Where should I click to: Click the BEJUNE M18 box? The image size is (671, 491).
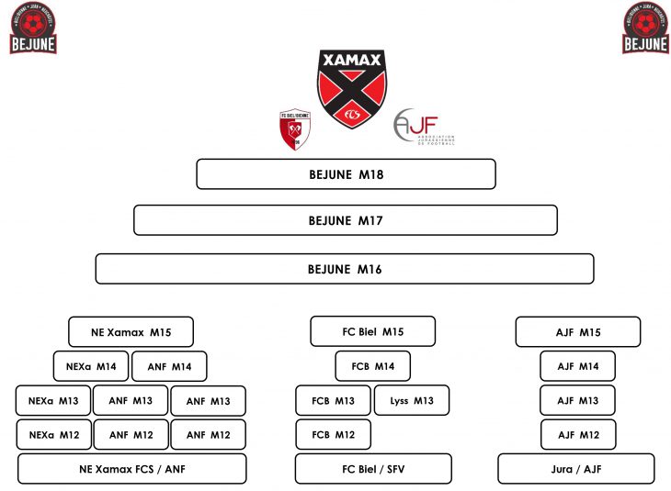(x=346, y=174)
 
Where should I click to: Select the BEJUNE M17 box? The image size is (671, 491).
(x=346, y=220)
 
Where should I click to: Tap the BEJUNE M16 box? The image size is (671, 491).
(x=345, y=269)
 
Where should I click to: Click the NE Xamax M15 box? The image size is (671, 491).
(x=131, y=331)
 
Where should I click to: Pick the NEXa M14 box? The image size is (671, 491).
(x=91, y=366)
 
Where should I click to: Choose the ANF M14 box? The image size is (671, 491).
(x=169, y=366)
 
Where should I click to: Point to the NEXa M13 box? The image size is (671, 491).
(x=53, y=400)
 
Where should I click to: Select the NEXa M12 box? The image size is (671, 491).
(x=53, y=434)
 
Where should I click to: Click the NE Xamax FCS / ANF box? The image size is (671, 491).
(x=132, y=468)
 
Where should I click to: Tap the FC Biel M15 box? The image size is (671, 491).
(x=372, y=331)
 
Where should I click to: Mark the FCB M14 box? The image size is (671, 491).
(x=372, y=366)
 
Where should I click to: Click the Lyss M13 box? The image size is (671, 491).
(x=411, y=400)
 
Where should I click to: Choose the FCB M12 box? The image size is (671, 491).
(x=333, y=434)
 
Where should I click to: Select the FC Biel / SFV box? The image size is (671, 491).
(x=373, y=468)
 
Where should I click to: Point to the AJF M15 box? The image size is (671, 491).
(x=577, y=331)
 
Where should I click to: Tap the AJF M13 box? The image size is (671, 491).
(x=577, y=400)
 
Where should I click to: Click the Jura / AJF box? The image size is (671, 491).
(x=576, y=468)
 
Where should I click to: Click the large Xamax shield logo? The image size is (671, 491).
(x=352, y=88)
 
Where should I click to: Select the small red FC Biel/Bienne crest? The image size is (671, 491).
(x=293, y=129)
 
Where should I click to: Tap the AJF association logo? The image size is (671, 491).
(x=424, y=127)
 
